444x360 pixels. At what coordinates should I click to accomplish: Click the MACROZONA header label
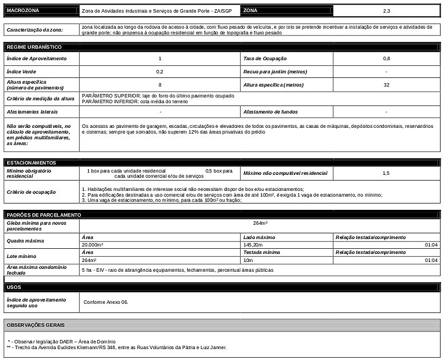click(x=23, y=11)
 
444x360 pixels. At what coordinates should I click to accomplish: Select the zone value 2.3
click(x=386, y=11)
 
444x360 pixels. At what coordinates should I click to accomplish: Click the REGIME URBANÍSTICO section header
click(x=34, y=47)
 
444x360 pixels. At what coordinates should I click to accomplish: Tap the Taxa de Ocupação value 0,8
click(x=386, y=58)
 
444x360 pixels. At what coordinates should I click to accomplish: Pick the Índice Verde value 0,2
click(x=159, y=72)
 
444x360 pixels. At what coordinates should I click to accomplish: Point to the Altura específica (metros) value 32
click(x=386, y=85)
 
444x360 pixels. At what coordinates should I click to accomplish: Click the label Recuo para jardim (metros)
click(x=275, y=72)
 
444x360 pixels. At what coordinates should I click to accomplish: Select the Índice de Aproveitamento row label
click(x=37, y=58)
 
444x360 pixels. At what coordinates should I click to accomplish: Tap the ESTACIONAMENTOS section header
click(x=32, y=163)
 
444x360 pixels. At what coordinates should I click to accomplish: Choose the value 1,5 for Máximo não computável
click(x=386, y=173)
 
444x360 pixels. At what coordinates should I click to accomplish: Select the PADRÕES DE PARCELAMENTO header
click(x=44, y=214)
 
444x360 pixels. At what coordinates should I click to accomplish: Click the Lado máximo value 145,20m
click(x=253, y=245)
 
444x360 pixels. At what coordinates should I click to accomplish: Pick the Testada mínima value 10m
click(x=248, y=260)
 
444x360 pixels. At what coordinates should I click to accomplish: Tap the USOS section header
click(x=14, y=287)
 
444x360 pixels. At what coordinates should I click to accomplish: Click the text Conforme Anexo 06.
click(x=106, y=302)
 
